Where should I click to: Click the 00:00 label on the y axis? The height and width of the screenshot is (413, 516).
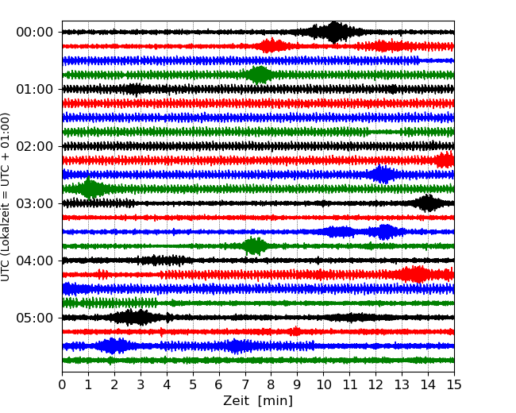(x=34, y=32)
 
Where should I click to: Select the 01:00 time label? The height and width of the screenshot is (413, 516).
(x=34, y=89)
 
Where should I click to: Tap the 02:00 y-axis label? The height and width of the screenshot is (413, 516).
(x=34, y=146)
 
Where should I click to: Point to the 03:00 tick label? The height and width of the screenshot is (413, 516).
(x=34, y=203)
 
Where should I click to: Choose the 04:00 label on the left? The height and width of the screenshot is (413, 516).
(x=34, y=261)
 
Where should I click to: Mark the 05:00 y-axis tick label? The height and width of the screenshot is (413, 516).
(x=34, y=318)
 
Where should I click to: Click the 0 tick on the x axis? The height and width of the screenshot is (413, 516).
(x=62, y=385)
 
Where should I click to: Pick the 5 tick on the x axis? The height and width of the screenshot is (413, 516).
(x=193, y=385)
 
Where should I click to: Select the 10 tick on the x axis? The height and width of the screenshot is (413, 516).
(x=324, y=385)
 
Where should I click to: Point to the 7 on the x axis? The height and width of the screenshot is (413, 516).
(x=245, y=385)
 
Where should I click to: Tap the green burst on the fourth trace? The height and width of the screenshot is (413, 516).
(x=259, y=75)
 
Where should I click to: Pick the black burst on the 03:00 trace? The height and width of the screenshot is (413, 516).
(x=428, y=203)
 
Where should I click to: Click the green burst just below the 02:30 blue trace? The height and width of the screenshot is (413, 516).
(x=90, y=189)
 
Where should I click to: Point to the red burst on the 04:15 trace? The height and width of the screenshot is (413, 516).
(x=415, y=275)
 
